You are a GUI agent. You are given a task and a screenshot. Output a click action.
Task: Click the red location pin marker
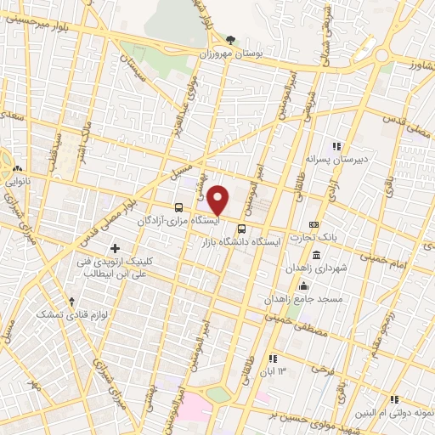[218, 199]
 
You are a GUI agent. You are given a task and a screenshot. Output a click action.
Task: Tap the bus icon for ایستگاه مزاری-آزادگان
[178, 207]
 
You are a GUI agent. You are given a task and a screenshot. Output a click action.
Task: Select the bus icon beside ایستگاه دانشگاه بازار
[242, 229]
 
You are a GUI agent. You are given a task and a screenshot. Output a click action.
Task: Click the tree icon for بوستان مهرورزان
[230, 40]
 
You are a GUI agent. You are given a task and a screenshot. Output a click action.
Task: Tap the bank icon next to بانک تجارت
[314, 224]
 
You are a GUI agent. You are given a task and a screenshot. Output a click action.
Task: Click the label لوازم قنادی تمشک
[60, 315]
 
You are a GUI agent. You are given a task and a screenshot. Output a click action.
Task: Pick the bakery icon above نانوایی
[18, 167]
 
